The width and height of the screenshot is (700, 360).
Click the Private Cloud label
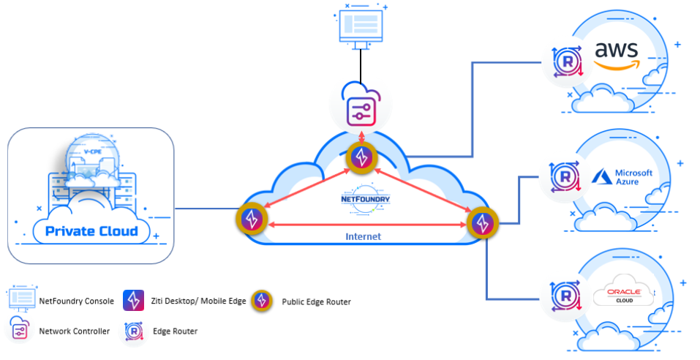coord(91,231)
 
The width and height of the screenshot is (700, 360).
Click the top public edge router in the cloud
coord(362,156)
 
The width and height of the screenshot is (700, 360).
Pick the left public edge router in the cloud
coord(252,219)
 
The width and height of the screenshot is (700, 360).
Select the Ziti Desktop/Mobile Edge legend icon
coord(132,300)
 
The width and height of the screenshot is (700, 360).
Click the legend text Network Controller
coord(75,331)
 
